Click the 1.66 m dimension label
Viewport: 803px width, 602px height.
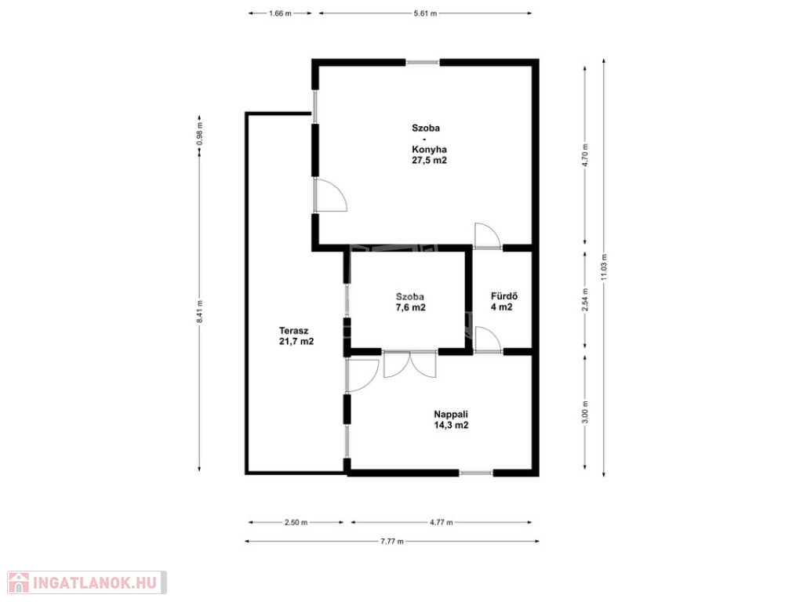[x=280, y=14]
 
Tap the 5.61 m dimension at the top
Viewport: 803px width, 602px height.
[x=425, y=14]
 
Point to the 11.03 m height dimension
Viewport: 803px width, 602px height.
[x=604, y=267]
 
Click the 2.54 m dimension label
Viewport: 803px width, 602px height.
[x=585, y=299]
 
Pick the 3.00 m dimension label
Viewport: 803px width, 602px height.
[x=585, y=412]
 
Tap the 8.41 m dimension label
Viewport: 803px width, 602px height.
[x=200, y=311]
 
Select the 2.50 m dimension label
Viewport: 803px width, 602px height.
[x=296, y=523]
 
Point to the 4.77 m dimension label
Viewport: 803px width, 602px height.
[x=441, y=523]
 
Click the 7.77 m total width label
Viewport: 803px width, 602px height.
[x=392, y=542]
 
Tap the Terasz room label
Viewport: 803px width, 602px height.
[x=293, y=331]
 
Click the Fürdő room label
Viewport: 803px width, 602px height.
[x=504, y=296]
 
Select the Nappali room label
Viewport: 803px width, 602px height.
[x=451, y=415]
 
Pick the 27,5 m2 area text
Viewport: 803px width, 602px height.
[x=429, y=161]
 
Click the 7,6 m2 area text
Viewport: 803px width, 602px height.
[x=410, y=307]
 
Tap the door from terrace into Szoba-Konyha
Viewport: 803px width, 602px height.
[x=330, y=195]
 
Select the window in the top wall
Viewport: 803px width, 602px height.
[x=423, y=63]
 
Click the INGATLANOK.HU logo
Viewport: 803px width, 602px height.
[x=87, y=582]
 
